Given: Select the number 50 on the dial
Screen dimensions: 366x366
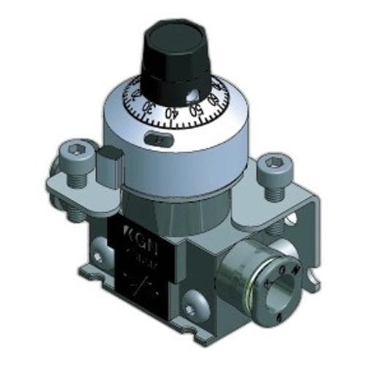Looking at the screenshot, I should [x=194, y=111].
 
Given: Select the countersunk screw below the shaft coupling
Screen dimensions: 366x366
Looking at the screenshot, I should [x=195, y=299].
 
